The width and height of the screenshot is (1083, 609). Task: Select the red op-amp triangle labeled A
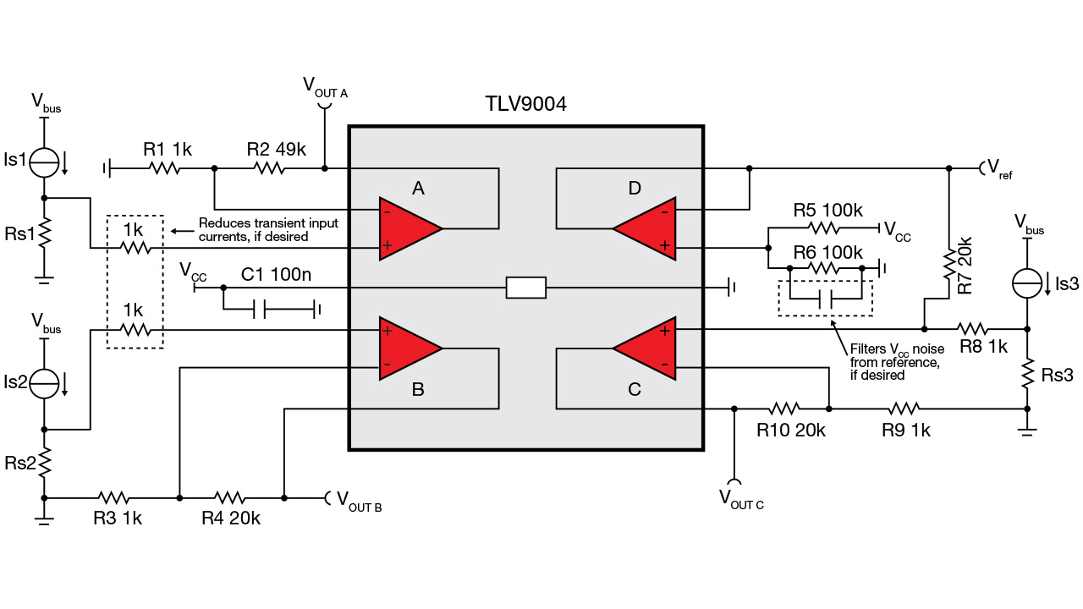pos(406,229)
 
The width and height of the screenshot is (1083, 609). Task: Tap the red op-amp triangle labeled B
pos(406,348)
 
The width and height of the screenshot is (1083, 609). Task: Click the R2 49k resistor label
pos(277,150)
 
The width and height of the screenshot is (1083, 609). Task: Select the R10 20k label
pos(791,430)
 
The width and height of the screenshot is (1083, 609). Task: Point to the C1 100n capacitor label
pos(276,274)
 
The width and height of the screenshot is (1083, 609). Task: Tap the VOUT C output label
pos(741,499)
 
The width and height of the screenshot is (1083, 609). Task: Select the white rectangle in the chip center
pos(525,288)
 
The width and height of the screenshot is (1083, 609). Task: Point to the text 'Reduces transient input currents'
pos(268,230)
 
